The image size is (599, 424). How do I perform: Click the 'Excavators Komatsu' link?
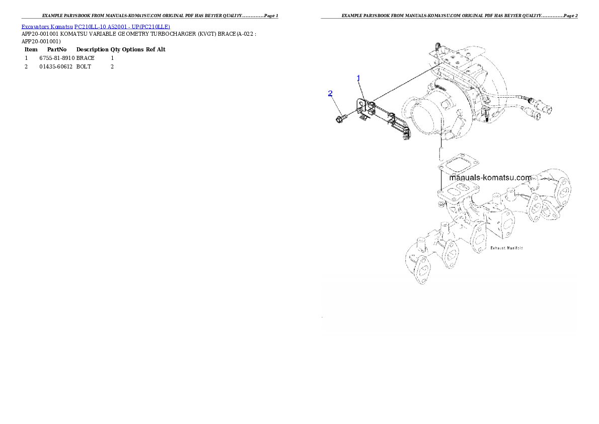click(x=47, y=27)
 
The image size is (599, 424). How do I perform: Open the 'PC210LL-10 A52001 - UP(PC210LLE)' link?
click(x=122, y=27)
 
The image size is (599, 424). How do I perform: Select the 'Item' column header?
click(x=31, y=49)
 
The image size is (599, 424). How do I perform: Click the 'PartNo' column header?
click(x=57, y=49)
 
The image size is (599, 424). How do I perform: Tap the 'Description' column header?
click(x=93, y=49)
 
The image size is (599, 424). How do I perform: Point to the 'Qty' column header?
click(x=115, y=50)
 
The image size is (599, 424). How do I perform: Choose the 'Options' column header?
click(x=133, y=50)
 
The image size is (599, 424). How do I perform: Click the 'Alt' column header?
click(x=161, y=49)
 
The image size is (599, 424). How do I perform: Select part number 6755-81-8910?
click(x=57, y=58)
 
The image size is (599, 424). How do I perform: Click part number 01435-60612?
click(x=56, y=66)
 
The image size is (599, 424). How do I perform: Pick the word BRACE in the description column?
click(x=85, y=58)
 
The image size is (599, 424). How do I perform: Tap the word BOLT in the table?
click(x=84, y=66)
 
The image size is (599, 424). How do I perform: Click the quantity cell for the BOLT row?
click(x=112, y=66)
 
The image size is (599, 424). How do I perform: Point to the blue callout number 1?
click(x=358, y=79)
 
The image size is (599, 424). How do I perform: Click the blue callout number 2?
click(x=330, y=93)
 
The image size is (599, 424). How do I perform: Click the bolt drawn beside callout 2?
click(x=341, y=118)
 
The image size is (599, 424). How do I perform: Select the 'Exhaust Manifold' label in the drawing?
click(x=506, y=248)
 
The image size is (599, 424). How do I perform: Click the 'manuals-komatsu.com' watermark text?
click(x=490, y=177)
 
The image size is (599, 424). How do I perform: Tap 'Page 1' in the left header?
click(x=271, y=16)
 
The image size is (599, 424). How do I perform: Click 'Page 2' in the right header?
click(x=571, y=16)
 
